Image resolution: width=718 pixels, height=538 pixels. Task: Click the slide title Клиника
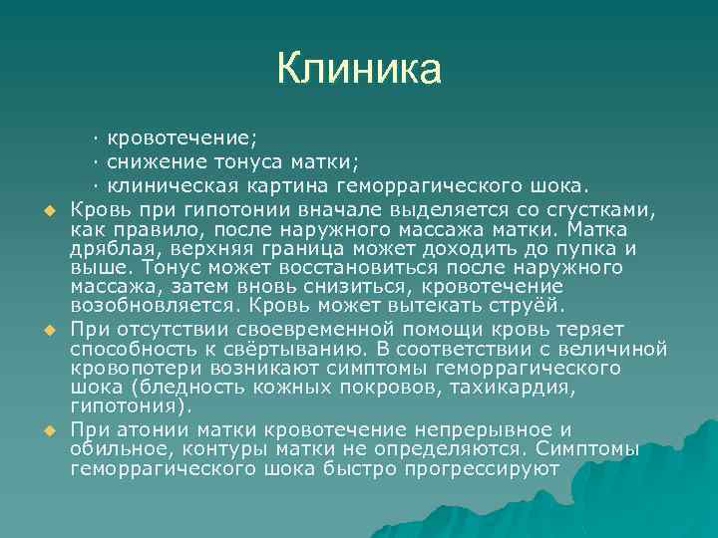point(358,69)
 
